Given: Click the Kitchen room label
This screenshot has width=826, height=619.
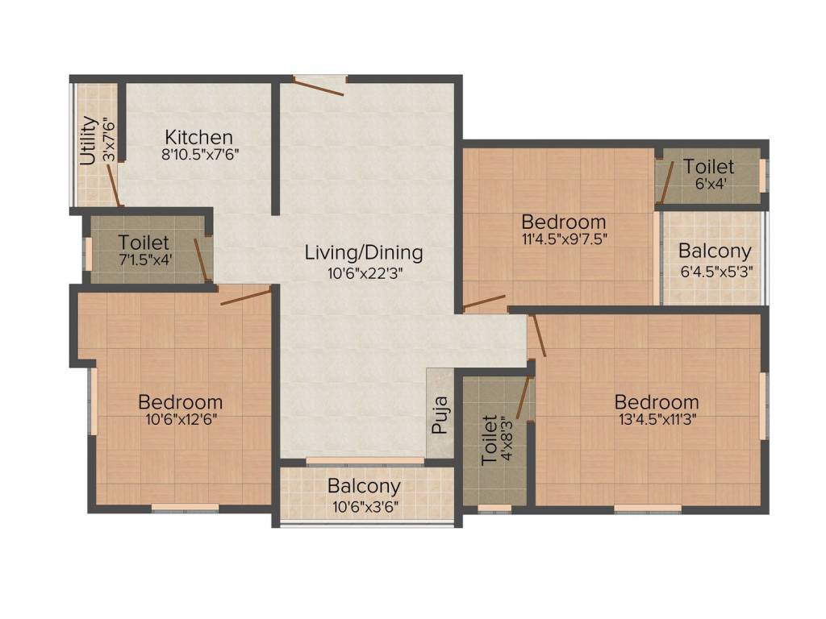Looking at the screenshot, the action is (198, 137).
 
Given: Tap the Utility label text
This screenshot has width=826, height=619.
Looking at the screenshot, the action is (89, 140).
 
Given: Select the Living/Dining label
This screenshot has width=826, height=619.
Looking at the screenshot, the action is (364, 252).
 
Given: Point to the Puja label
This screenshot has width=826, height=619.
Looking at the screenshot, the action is (440, 415).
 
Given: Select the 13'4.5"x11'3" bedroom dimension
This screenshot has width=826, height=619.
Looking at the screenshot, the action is (657, 420).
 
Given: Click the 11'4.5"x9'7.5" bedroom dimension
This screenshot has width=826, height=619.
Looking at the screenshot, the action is (564, 239).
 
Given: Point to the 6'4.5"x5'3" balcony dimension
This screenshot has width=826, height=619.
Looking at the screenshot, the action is (716, 272).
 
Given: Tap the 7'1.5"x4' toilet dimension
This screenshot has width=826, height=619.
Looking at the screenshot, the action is (145, 260).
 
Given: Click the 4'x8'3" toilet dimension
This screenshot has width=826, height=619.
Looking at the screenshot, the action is (507, 438).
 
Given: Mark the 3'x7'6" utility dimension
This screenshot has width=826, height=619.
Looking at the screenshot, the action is (109, 139).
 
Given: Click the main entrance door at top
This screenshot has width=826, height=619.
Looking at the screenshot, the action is (319, 86).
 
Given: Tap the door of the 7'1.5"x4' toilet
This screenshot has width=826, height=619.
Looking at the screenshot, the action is (201, 260).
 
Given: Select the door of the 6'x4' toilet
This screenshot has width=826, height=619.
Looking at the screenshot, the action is (667, 182).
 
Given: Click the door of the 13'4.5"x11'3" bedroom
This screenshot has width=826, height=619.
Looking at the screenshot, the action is (537, 335).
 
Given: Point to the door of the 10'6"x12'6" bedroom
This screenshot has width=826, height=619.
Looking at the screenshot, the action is (246, 296).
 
